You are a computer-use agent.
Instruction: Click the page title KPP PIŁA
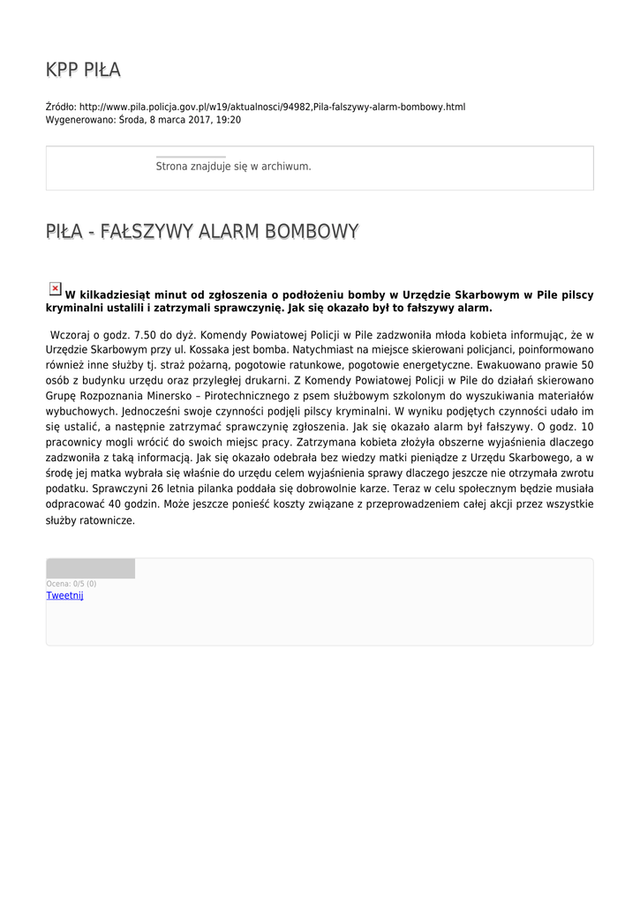tap(83, 70)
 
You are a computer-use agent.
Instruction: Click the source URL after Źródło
tap(272, 107)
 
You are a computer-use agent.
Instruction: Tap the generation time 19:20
tap(229, 120)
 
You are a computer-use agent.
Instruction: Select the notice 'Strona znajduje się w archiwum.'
tap(233, 166)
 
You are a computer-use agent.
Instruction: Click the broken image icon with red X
tap(55, 288)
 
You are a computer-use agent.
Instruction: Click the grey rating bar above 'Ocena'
tap(90, 569)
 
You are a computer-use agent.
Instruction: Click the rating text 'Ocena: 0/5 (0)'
tap(72, 584)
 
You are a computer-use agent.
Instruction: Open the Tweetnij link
tap(64, 595)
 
